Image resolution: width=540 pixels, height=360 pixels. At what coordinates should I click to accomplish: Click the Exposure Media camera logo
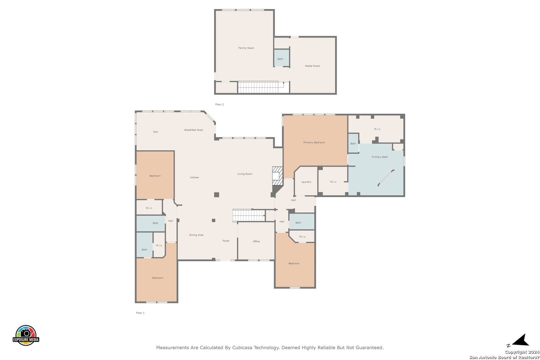(26, 335)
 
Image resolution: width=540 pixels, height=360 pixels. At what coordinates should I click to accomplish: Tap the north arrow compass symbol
(518, 340)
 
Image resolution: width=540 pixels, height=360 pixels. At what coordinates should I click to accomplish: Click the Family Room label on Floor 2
(246, 48)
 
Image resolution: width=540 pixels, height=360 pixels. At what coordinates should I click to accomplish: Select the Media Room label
(312, 66)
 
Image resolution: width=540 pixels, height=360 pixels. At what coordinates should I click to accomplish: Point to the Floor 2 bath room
(281, 58)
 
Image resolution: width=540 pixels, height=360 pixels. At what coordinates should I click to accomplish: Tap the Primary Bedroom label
(314, 143)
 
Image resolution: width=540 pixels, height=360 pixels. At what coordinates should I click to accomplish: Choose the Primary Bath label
(380, 157)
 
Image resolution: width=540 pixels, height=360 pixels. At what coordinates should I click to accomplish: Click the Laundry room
(306, 181)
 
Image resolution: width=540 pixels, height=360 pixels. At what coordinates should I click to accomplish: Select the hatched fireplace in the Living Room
(277, 176)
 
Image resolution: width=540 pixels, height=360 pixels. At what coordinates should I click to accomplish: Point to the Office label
(256, 241)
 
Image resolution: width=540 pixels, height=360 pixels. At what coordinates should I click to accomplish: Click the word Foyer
(226, 241)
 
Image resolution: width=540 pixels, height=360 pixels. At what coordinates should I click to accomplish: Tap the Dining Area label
(196, 235)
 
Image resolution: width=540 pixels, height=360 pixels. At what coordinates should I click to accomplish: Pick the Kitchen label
(195, 177)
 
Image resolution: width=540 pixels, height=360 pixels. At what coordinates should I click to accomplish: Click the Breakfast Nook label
(194, 130)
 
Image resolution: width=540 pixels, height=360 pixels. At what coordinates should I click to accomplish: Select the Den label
(155, 132)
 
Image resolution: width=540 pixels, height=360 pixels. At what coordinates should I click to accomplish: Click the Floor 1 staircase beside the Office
(249, 215)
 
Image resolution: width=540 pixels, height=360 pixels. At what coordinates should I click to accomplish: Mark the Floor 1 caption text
(140, 313)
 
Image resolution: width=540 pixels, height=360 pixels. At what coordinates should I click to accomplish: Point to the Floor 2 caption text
(219, 104)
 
